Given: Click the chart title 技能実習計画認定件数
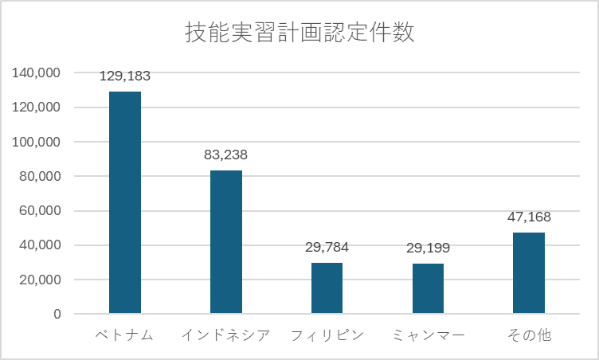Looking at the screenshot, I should [299, 34].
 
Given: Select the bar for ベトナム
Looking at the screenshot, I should [125, 202].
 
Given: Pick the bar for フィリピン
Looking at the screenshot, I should [327, 288].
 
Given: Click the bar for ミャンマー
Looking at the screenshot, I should [428, 288].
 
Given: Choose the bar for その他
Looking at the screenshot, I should [529, 272].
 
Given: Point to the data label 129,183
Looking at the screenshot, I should [125, 76].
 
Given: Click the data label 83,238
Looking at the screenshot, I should [226, 155].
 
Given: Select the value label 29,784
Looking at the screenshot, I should [327, 247].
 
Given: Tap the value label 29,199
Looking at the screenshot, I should [428, 248].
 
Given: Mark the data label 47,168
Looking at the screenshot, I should [529, 217].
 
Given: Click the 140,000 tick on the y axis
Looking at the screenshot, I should [37, 72].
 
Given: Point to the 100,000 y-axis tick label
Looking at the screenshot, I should [37, 142].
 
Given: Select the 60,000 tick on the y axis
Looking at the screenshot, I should [41, 211].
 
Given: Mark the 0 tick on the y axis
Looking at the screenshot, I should [57, 314].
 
